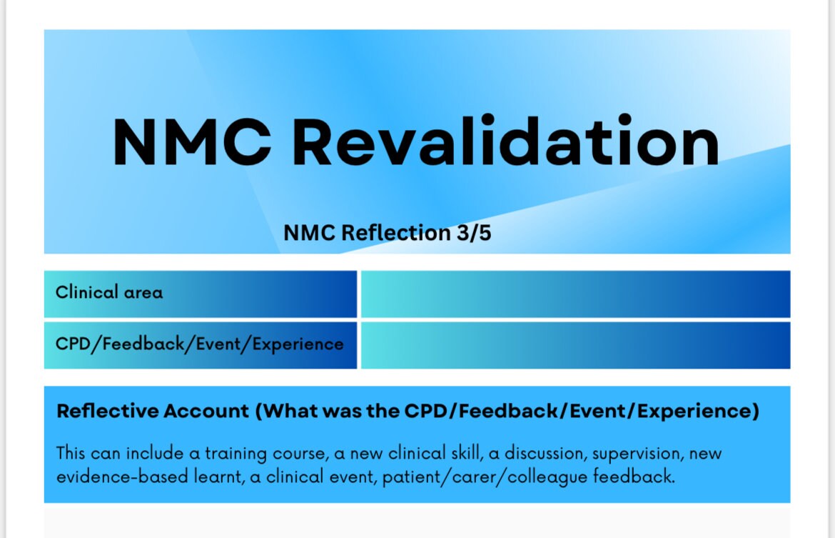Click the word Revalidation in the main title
pyautogui.click(x=505, y=143)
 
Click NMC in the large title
pyautogui.click(x=191, y=143)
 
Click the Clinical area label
pyautogui.click(x=108, y=292)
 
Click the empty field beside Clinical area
pyautogui.click(x=575, y=294)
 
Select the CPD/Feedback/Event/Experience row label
pyautogui.click(x=199, y=344)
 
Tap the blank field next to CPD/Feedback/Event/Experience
pyautogui.click(x=575, y=345)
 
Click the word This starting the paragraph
pyautogui.click(x=71, y=454)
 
